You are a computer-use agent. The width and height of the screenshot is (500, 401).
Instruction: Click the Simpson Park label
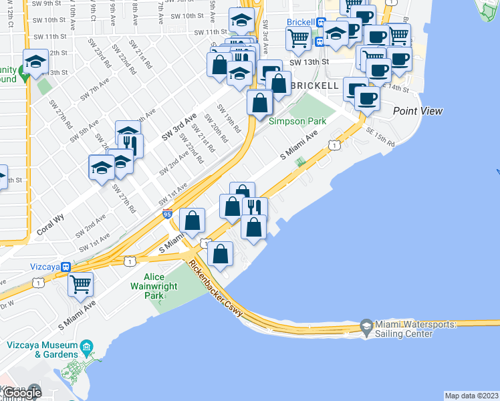297,121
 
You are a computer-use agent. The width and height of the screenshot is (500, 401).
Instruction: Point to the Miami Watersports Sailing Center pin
366,327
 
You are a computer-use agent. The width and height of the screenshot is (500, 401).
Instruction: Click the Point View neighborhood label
418,111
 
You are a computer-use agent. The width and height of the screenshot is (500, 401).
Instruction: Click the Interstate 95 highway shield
167,214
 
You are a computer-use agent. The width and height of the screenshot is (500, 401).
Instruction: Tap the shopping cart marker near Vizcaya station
81,283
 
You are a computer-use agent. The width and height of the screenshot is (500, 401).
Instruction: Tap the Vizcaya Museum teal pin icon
86,348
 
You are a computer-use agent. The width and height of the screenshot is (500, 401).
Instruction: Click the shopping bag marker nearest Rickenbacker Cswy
220,253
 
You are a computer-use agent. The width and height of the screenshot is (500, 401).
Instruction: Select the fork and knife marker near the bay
255,207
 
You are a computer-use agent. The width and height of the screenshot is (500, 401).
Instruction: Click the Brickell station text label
300,22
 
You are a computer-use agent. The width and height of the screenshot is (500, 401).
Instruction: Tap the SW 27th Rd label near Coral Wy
120,180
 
